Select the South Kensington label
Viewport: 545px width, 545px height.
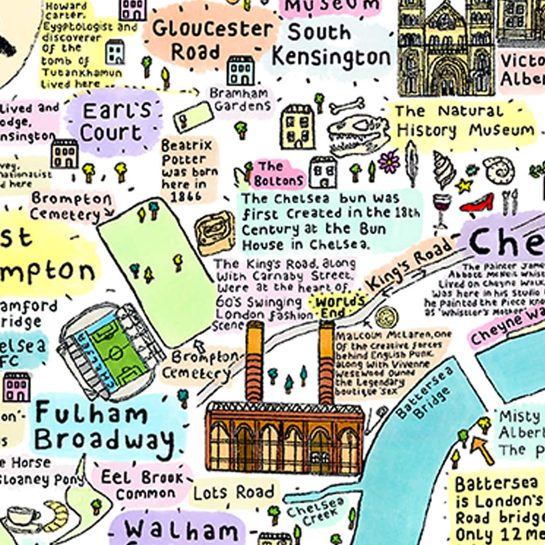331,45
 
